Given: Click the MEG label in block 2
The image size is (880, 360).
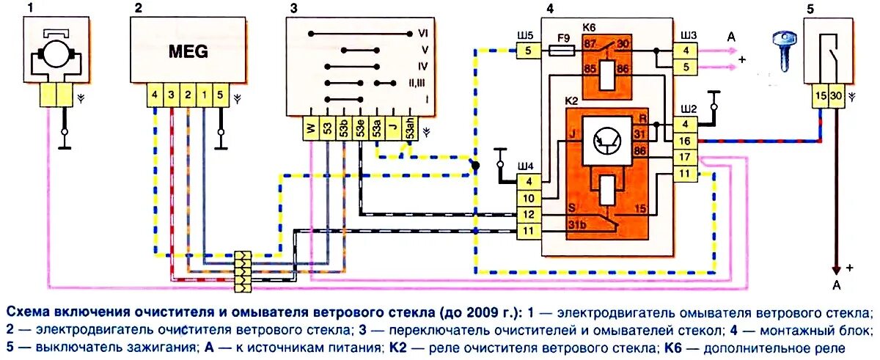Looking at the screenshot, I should (x=188, y=51).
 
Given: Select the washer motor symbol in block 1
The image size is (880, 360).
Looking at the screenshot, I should (x=56, y=53).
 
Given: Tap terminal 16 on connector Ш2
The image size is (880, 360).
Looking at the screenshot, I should (x=684, y=142).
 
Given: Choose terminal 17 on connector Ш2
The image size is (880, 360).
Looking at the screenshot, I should (x=684, y=157).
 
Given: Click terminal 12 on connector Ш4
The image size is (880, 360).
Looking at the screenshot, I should (x=529, y=216).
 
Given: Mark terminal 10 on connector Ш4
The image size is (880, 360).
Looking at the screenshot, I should (x=529, y=198).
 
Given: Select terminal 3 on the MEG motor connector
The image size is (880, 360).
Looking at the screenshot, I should (x=171, y=95).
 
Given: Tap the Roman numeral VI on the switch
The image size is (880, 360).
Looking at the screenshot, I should (x=423, y=34).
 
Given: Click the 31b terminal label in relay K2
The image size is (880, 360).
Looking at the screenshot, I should (x=577, y=224).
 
